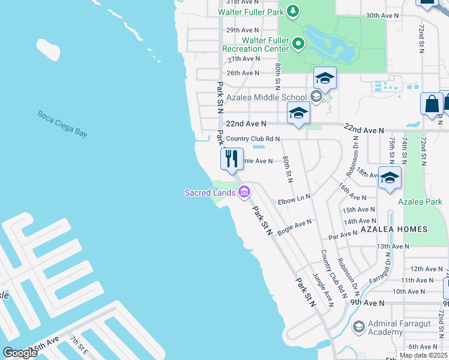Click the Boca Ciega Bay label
(x=62, y=124)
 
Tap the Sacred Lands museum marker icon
(x=244, y=192)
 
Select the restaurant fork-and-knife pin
(x=232, y=159)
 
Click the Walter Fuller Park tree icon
(x=292, y=11)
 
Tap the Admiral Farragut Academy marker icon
(x=359, y=326)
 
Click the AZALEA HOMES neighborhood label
(x=394, y=229)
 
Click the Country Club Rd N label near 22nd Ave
(x=253, y=139)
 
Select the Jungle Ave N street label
(x=322, y=290)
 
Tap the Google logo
(x=20, y=352)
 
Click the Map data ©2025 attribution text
(x=423, y=355)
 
